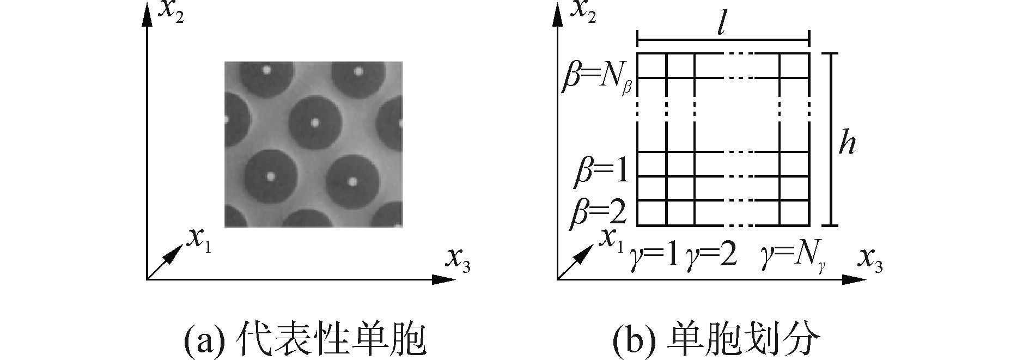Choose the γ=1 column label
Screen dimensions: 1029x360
654,255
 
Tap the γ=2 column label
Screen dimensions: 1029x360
711,255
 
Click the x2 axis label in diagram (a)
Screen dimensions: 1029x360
170,13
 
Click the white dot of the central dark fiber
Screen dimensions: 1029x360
314,123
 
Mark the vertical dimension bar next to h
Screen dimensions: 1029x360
830,139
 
